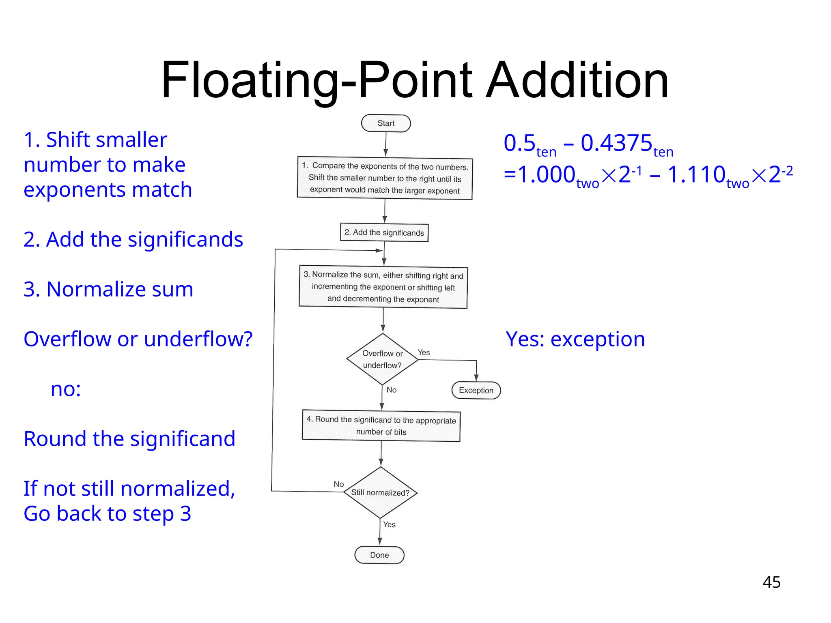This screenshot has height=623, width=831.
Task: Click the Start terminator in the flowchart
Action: tap(386, 123)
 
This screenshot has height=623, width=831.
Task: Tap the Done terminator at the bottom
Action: tap(379, 555)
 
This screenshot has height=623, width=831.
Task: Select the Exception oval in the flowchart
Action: tap(476, 390)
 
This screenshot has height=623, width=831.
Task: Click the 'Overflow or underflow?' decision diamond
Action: tap(382, 359)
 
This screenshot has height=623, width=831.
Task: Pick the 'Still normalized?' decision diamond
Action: tap(380, 492)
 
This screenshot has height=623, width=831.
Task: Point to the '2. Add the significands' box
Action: tap(384, 232)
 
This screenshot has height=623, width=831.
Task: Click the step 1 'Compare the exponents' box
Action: tap(385, 178)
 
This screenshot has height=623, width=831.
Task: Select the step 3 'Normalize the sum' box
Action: tap(383, 287)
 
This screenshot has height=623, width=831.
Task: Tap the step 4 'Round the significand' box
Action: tap(381, 425)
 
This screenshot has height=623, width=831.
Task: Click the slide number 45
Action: tap(771, 582)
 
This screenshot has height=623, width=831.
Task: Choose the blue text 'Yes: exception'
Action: tap(575, 339)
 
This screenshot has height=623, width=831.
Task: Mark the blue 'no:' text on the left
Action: tap(66, 389)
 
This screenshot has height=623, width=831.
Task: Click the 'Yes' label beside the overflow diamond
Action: tap(424, 352)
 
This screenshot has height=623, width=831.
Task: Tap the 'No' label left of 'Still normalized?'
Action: tap(339, 484)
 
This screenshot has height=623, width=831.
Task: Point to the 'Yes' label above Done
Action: tap(389, 524)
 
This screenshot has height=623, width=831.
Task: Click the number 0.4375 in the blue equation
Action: tap(616, 143)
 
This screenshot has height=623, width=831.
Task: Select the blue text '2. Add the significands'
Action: tap(133, 239)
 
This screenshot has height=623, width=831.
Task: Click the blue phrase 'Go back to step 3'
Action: tap(107, 513)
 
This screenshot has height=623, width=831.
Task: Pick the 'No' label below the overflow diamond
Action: tap(392, 390)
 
